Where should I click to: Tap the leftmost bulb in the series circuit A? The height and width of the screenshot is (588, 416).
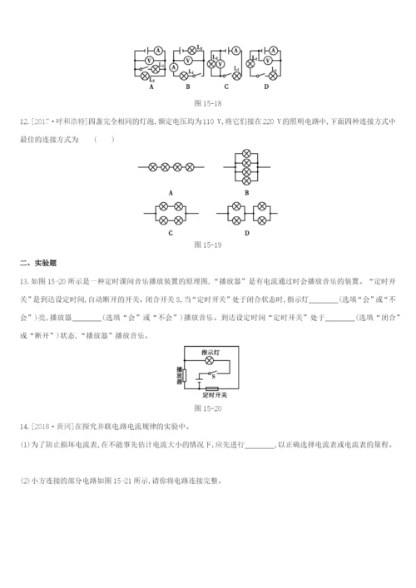tap(151, 167)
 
